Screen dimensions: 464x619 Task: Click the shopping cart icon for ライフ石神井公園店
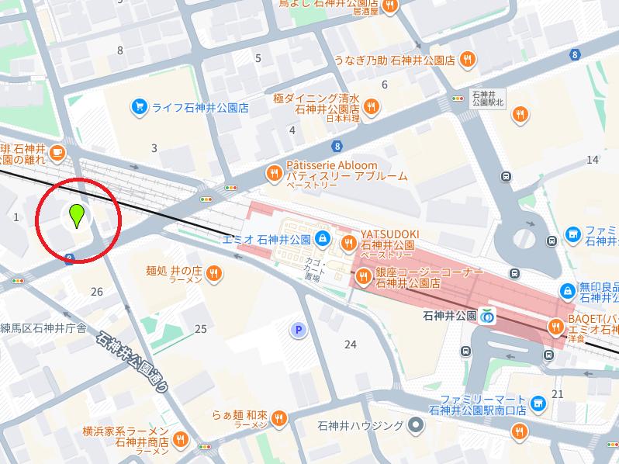click(x=140, y=107)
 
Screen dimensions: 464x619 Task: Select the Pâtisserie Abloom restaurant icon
click(x=273, y=172)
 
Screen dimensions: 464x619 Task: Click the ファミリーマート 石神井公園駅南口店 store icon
click(x=540, y=403)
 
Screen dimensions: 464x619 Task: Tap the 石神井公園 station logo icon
click(x=488, y=317)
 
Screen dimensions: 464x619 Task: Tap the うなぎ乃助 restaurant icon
click(x=468, y=60)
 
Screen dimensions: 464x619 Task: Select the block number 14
click(x=593, y=160)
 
